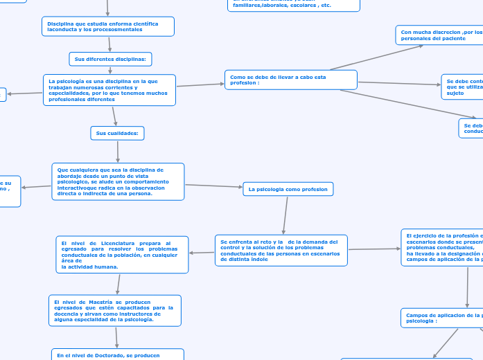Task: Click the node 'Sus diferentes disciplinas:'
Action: (110, 60)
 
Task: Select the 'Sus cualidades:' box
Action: (117, 133)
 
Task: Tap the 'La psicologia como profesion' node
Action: (288, 189)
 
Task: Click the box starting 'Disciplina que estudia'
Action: (107, 26)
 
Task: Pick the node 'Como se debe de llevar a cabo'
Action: (290, 80)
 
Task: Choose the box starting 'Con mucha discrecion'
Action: (439, 35)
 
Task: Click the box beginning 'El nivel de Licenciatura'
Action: (122, 255)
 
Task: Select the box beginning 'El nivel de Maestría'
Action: (115, 311)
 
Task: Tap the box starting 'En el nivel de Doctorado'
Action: (118, 354)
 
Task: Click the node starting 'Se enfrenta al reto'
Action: (281, 249)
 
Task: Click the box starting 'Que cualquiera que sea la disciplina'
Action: (118, 181)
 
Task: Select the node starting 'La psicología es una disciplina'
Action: (109, 90)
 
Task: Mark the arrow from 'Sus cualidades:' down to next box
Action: (118, 151)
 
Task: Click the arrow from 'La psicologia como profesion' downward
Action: (284, 215)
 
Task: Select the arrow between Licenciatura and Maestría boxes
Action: (118, 284)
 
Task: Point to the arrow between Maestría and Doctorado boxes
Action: (116, 337)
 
